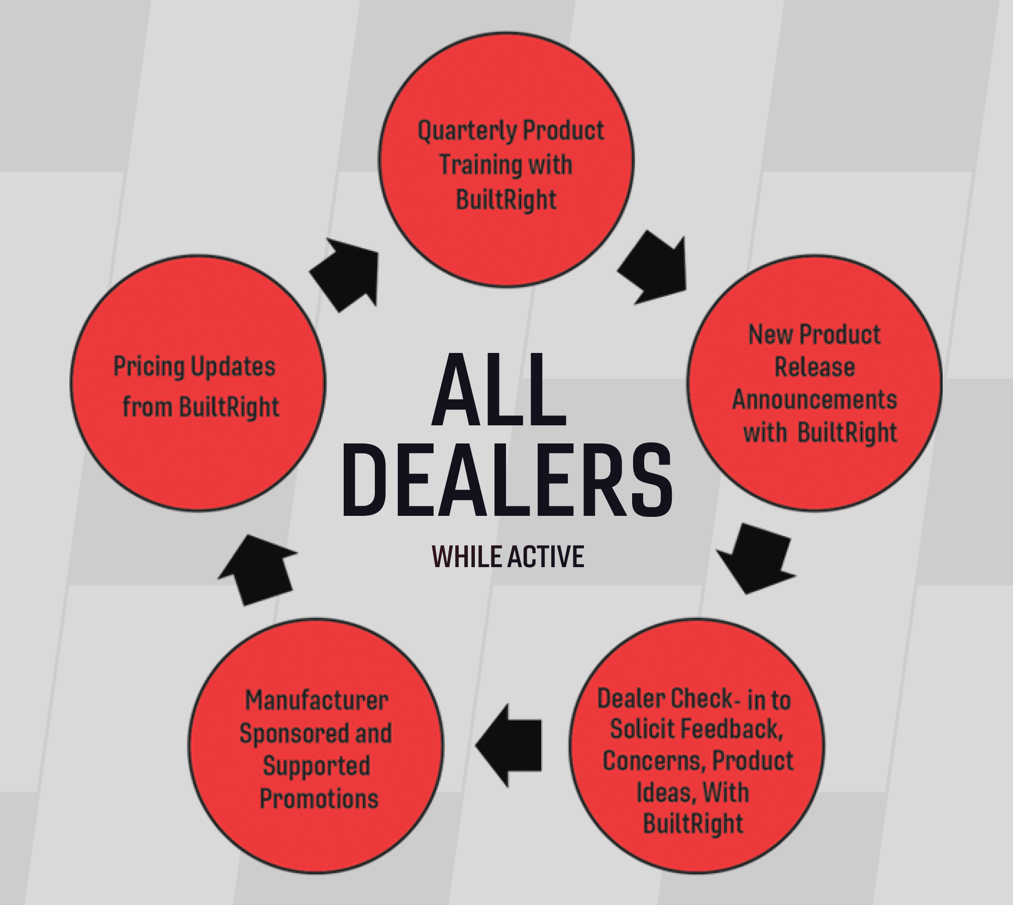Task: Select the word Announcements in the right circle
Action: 814,400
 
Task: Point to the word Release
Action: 814,367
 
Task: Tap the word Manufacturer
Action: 317,700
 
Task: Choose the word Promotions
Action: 319,799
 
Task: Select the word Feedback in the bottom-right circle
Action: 733,730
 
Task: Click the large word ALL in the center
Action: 498,390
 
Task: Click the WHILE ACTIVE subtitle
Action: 508,557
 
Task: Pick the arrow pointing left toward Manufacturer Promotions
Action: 510,745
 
